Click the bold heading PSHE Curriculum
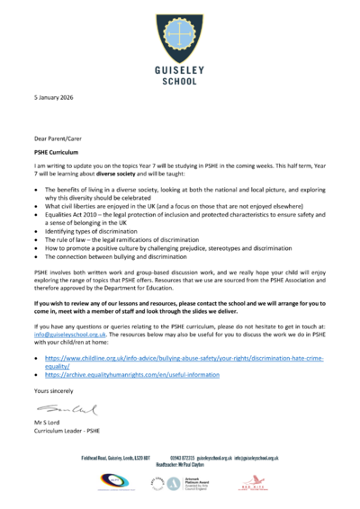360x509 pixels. [58, 153]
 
